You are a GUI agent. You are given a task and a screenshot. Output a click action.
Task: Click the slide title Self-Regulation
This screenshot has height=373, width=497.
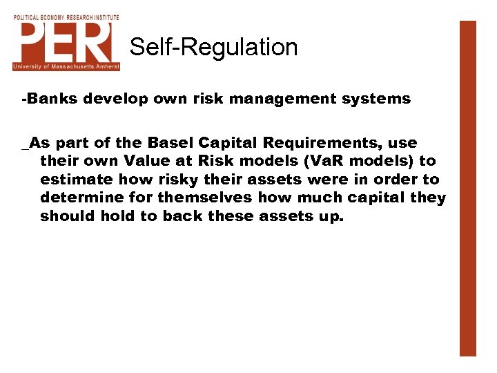(213, 47)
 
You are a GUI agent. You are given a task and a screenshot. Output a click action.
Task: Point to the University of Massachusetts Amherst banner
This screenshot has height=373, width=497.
(66, 66)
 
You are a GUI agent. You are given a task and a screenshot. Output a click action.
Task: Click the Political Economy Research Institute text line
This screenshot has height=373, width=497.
(66, 17)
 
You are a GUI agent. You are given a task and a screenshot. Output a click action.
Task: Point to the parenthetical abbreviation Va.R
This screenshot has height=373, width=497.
(295, 162)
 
